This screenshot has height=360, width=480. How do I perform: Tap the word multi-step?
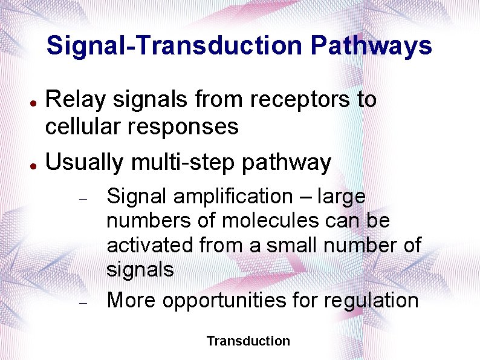click(195, 162)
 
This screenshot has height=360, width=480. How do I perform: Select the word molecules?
click(269, 221)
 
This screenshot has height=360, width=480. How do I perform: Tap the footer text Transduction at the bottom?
click(248, 341)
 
